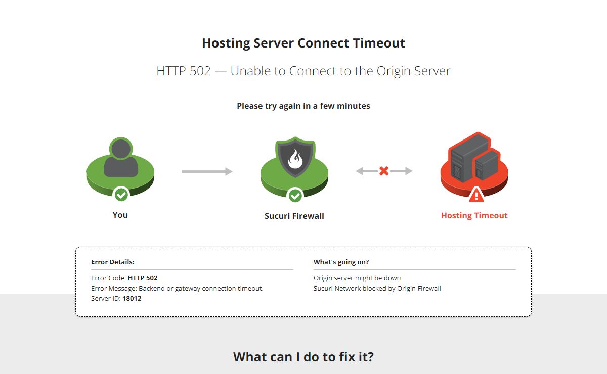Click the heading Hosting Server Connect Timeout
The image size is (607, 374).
click(303, 43)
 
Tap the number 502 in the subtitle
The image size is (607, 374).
click(200, 71)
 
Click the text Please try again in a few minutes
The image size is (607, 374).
click(303, 106)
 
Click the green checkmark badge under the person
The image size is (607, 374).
click(121, 195)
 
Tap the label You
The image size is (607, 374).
click(120, 215)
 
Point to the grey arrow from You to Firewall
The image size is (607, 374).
click(207, 171)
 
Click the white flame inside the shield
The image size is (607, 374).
click(295, 159)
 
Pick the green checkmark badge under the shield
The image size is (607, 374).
click(295, 195)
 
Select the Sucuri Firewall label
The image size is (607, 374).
click(294, 216)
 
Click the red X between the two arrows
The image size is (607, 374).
click(384, 171)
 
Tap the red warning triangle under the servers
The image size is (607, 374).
click(476, 195)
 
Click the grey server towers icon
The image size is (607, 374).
click(475, 159)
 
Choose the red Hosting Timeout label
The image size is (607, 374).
click(474, 216)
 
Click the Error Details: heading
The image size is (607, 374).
click(113, 262)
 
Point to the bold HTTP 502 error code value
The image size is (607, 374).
click(143, 278)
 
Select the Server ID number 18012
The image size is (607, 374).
click(132, 298)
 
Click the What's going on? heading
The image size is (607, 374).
click(341, 262)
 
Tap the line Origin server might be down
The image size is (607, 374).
click(357, 278)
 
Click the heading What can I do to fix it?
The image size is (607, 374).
click(303, 357)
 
